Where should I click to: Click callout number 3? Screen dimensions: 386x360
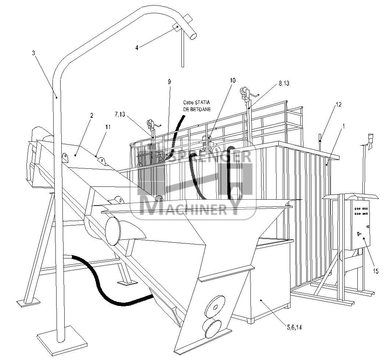pyautogui.click(x=33, y=53)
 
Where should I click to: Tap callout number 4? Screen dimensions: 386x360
pyautogui.click(x=137, y=47)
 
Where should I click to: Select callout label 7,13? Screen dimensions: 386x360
pyautogui.click(x=120, y=114)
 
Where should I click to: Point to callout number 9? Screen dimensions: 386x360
pyautogui.click(x=169, y=82)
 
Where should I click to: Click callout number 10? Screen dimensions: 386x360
pyautogui.click(x=232, y=80)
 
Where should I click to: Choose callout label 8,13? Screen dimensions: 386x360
pyautogui.click(x=284, y=83)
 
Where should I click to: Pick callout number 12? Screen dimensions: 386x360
pyautogui.click(x=339, y=104)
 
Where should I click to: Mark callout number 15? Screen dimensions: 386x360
pyautogui.click(x=376, y=271)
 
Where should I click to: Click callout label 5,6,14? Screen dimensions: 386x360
pyautogui.click(x=294, y=327)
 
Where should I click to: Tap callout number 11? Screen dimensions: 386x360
pyautogui.click(x=108, y=127)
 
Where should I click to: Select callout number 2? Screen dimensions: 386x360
pyautogui.click(x=91, y=115)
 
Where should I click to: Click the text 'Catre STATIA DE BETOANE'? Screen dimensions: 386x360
pyautogui.click(x=197, y=106)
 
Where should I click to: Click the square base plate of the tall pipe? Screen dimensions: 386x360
pyautogui.click(x=62, y=340)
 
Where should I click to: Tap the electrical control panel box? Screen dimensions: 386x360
pyautogui.click(x=361, y=225)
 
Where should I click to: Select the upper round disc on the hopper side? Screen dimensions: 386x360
pyautogui.click(x=215, y=307)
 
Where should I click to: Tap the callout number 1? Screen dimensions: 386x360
pyautogui.click(x=344, y=126)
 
